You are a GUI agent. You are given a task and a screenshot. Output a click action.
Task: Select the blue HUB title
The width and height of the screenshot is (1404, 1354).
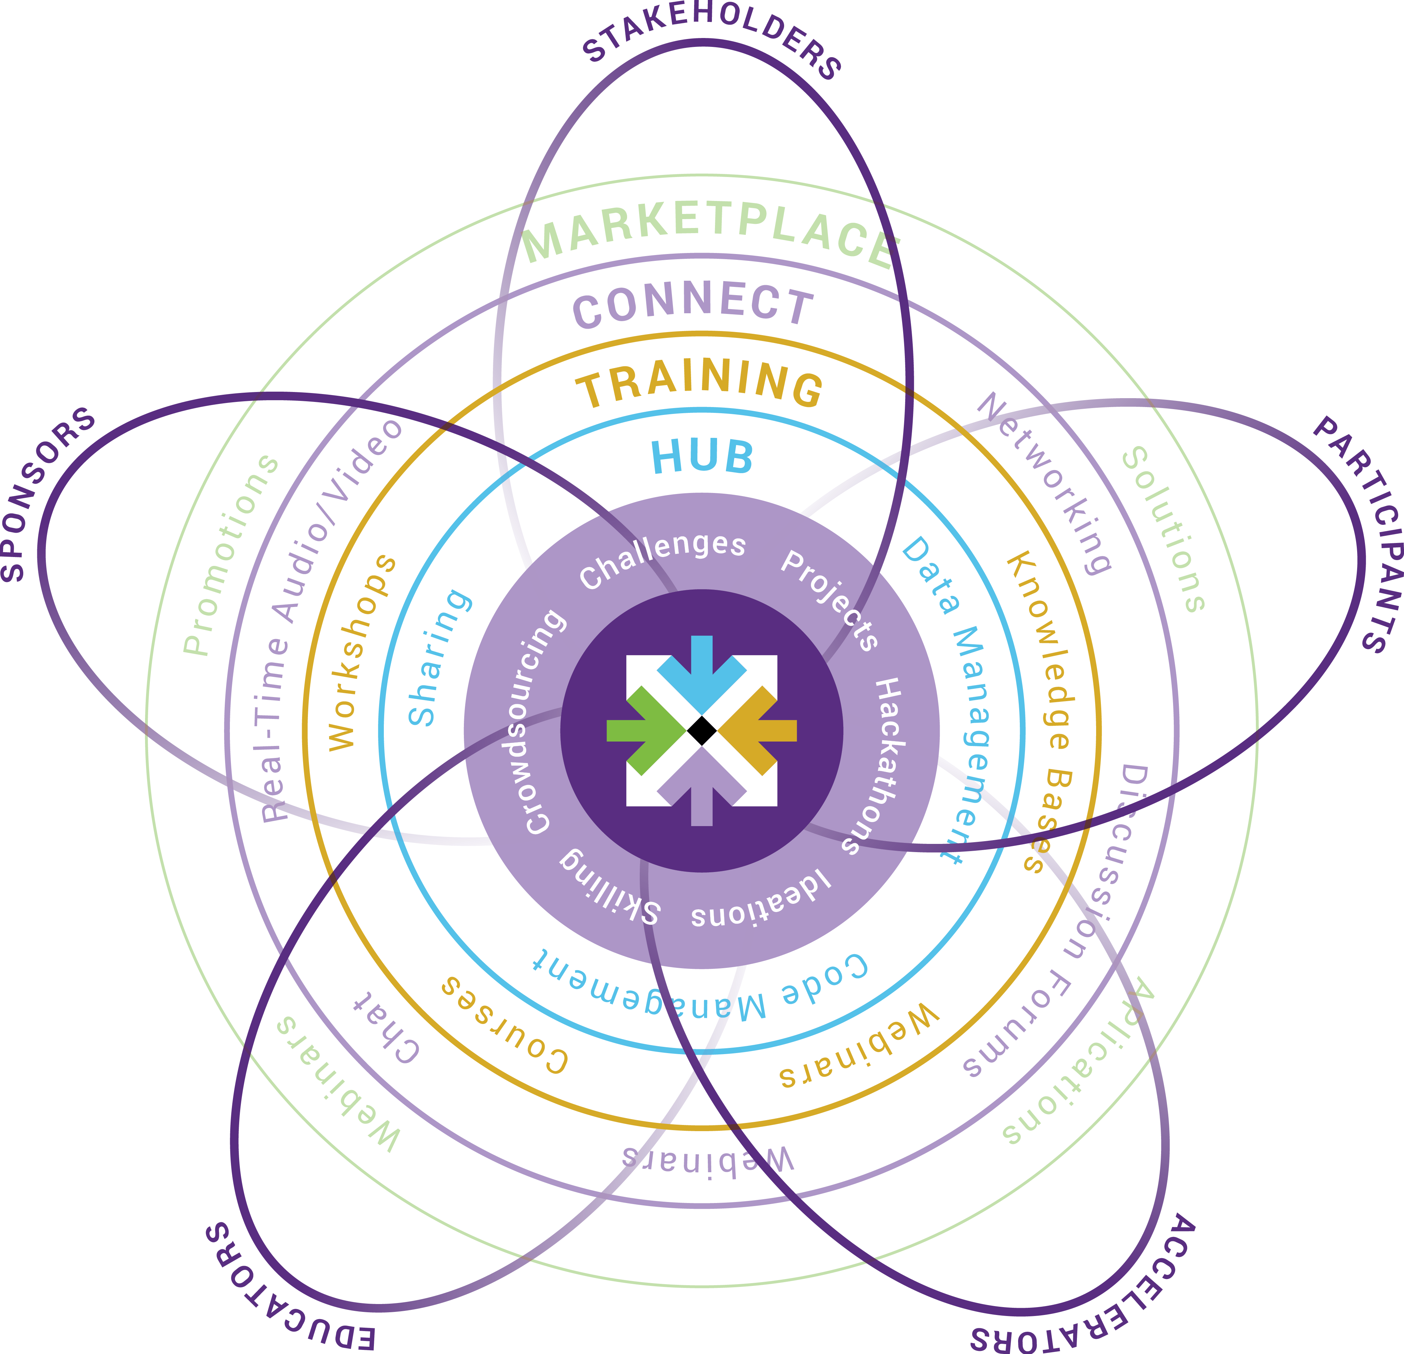pyautogui.click(x=702, y=457)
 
